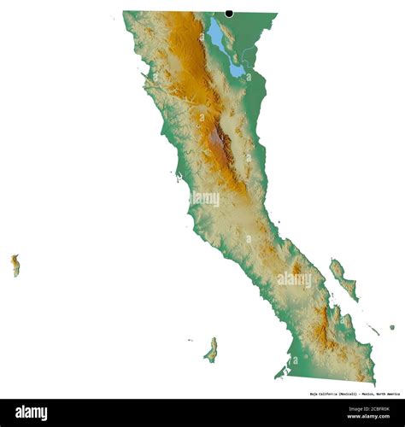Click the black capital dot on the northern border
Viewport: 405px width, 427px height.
(x=229, y=13)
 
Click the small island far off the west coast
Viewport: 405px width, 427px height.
(x=15, y=265)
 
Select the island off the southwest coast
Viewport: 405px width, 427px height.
(x=211, y=349)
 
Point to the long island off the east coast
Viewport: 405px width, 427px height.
(x=342, y=278)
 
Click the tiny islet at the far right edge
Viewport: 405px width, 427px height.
(x=392, y=326)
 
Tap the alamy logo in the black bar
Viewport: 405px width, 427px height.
(x=32, y=412)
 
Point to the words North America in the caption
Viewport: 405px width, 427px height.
(x=386, y=394)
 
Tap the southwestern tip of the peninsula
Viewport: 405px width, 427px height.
(x=276, y=376)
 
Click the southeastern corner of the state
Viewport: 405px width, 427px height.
(x=373, y=380)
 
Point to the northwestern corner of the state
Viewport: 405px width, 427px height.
(x=124, y=12)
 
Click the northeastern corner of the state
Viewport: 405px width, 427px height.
(x=276, y=13)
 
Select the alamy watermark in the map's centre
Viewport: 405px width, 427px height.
(x=206, y=198)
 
